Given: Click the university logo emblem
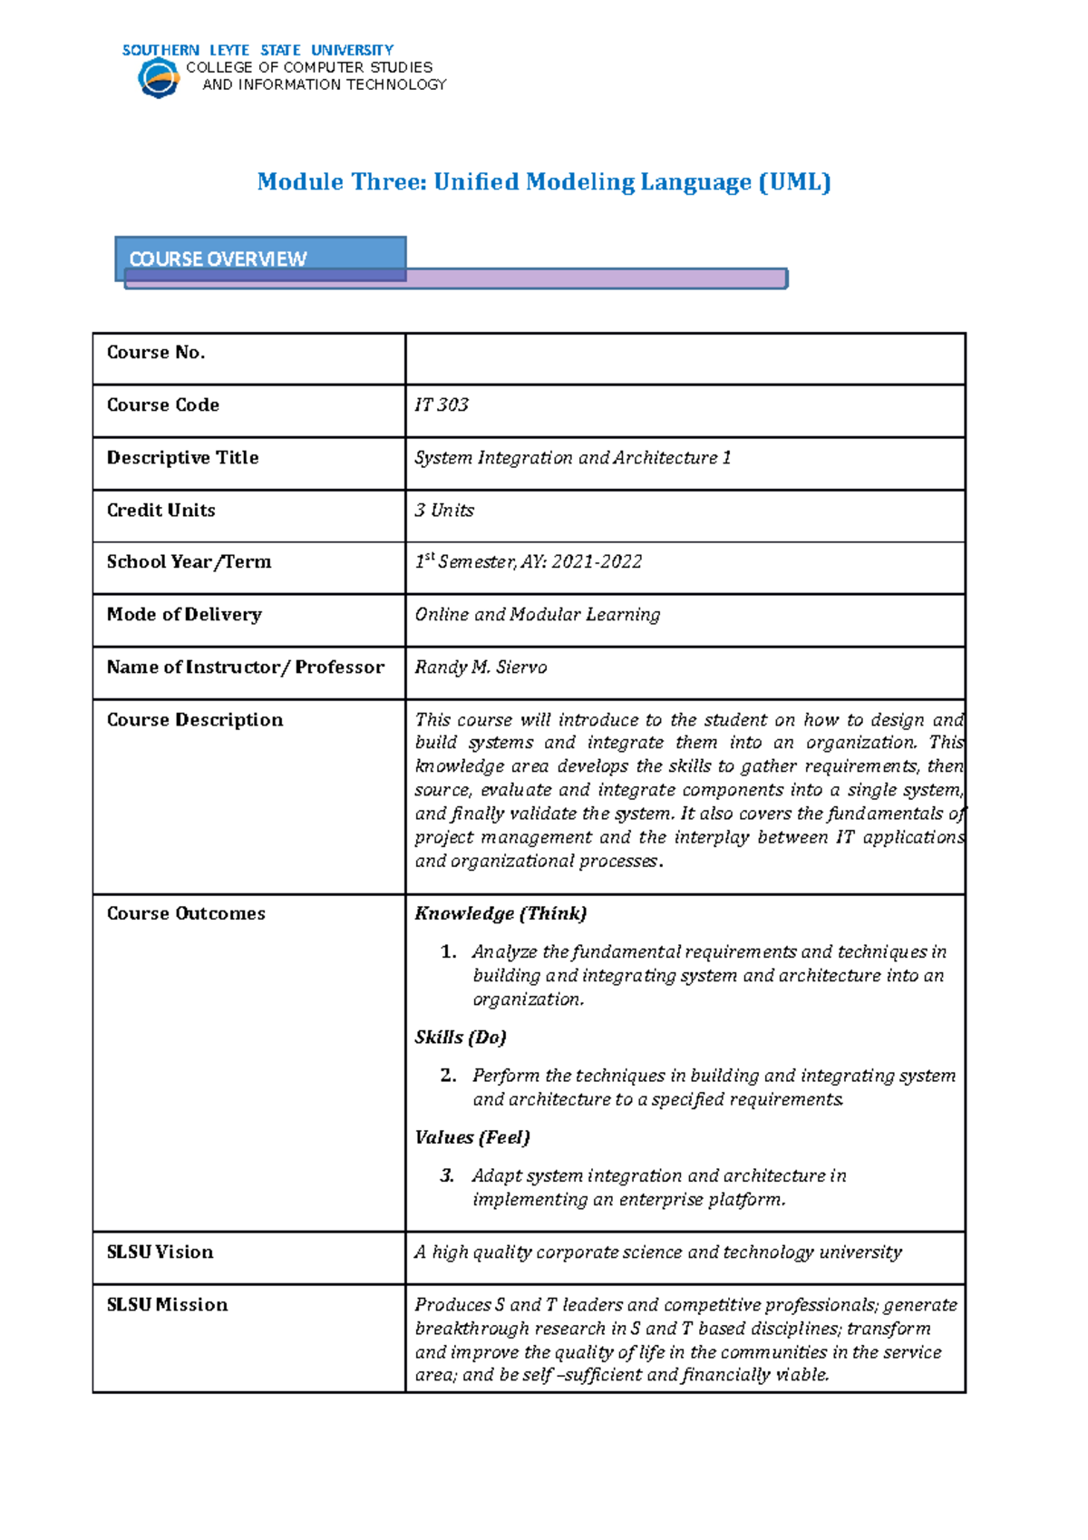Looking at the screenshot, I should (x=159, y=78).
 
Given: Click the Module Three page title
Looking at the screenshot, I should (x=543, y=182).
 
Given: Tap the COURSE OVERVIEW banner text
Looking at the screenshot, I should (x=218, y=258).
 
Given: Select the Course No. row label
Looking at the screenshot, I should (x=156, y=353).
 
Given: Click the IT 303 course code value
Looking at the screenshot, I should (x=442, y=405).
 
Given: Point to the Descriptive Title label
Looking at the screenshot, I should (x=182, y=458).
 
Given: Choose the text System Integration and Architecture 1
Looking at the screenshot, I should (x=572, y=458).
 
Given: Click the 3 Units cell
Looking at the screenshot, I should (x=444, y=511).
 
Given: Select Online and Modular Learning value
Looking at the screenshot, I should (x=537, y=615).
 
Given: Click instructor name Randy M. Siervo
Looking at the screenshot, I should (x=481, y=668).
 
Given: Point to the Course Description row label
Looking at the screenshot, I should (x=195, y=720).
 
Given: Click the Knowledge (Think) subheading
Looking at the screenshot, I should (x=500, y=914).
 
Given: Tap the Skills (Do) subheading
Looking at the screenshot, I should (x=461, y=1038).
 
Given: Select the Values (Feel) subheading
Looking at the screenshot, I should (x=472, y=1137).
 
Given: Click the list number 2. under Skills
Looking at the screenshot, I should (x=448, y=1076).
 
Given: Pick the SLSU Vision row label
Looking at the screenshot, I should (x=160, y=1252).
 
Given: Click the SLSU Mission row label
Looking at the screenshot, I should (x=167, y=1305).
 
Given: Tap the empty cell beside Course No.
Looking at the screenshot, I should (x=685, y=359).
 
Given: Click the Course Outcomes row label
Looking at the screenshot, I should (x=186, y=914).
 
